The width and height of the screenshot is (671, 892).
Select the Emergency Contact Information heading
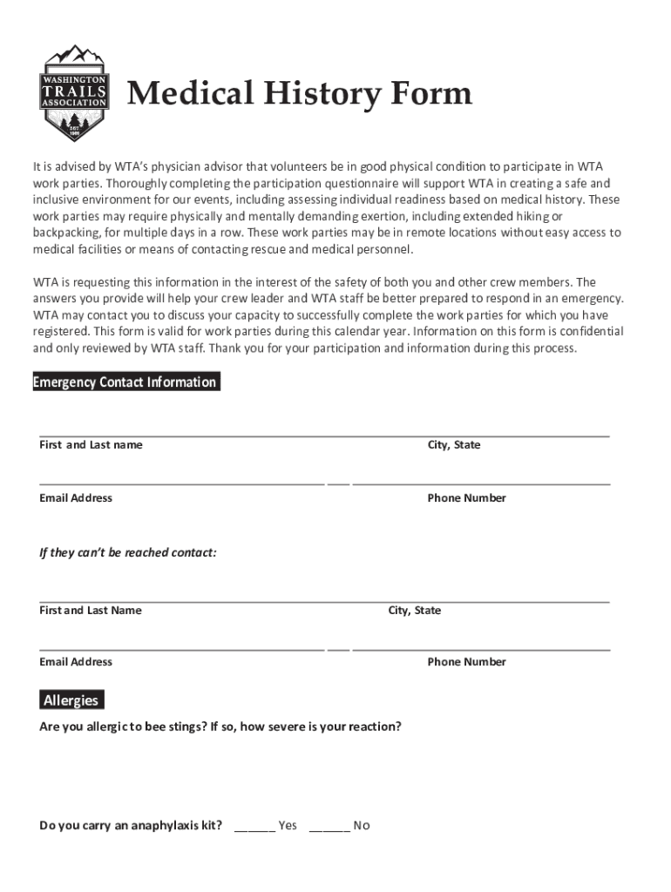125,382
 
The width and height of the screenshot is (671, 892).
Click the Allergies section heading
71,700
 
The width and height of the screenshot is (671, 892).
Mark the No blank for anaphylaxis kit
329,825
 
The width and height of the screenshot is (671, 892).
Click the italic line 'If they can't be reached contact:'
128,553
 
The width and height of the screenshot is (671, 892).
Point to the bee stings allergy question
220,726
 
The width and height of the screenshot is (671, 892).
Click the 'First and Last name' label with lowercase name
91,445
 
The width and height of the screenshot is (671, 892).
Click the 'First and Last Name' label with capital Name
91,611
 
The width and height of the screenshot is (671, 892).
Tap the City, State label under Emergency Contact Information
453,445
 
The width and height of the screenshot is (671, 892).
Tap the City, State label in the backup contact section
415,611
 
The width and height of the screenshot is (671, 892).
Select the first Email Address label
76,498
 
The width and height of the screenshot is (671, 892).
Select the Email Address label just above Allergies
76,662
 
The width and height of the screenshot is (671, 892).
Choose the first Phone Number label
466,498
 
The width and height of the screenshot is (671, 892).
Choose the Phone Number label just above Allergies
466,662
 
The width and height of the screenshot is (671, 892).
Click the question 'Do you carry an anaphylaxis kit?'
131,826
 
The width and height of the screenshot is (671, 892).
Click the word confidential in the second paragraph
590,332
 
